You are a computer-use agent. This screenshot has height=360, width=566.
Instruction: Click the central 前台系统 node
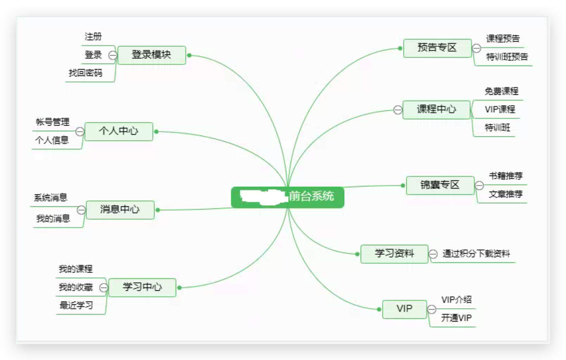coord(287,197)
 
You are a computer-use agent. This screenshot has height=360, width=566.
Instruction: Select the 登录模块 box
coord(152,55)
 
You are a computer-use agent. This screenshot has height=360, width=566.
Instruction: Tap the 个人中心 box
coord(118,131)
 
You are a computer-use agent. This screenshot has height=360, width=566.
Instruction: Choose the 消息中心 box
coord(120,210)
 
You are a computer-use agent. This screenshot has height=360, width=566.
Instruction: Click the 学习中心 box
coord(142,287)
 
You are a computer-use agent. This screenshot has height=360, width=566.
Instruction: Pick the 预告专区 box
coord(437,48)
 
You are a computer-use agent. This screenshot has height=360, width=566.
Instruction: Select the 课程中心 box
coord(436,110)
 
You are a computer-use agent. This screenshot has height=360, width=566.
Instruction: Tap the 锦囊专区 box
coord(440,185)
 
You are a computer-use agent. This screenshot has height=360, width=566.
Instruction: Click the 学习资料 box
coord(394,254)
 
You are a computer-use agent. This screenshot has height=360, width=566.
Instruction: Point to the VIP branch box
coord(404,309)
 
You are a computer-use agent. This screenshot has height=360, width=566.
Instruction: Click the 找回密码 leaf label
coord(86,73)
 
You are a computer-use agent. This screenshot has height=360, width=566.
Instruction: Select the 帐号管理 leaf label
coord(53,122)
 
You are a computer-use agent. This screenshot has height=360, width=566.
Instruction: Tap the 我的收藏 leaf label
coord(76,287)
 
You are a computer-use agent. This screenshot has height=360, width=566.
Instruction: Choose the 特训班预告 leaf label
coord(507,57)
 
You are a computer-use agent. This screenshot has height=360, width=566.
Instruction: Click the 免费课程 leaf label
coord(501,91)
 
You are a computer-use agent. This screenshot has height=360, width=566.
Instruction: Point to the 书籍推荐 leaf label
coord(506,176)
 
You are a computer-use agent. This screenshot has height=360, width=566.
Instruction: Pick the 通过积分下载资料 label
coord(476,254)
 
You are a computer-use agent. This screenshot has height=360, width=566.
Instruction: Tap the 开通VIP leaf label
coord(456,318)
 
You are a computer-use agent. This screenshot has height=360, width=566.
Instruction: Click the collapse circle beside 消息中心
coord(81,210)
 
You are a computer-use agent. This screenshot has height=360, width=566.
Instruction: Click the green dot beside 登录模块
coord(189,55)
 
